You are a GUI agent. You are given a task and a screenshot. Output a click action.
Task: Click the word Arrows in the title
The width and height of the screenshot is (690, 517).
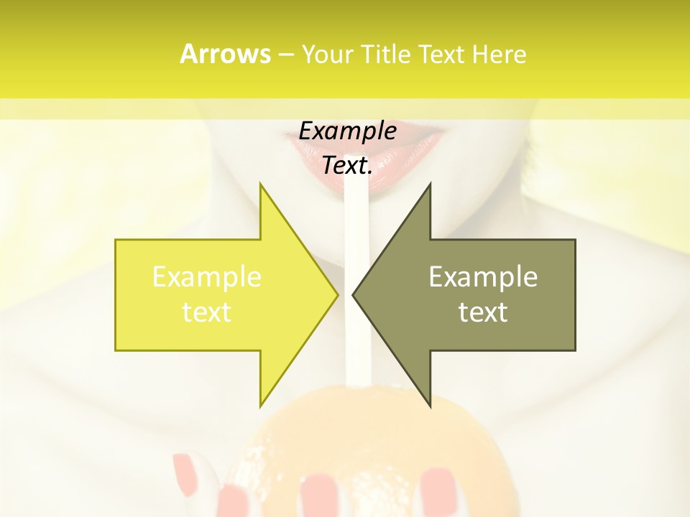click(x=225, y=54)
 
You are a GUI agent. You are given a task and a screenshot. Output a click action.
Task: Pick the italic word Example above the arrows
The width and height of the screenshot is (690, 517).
click(x=347, y=131)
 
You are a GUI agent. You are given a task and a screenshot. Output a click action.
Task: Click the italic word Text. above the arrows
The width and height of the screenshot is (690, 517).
click(x=347, y=166)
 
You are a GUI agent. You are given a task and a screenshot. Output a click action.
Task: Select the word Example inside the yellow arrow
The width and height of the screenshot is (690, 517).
click(x=207, y=277)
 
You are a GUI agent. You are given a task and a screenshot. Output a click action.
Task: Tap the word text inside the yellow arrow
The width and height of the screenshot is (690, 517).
click(x=207, y=312)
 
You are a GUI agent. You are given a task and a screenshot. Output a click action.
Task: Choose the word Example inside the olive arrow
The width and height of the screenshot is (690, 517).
click(x=483, y=277)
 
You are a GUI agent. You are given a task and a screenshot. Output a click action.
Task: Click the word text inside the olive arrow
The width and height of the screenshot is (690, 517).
click(x=483, y=312)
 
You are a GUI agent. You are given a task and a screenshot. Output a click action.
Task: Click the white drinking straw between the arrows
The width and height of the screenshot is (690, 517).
click(x=356, y=215)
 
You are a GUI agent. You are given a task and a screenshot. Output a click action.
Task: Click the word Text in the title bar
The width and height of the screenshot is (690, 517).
click(x=441, y=55)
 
